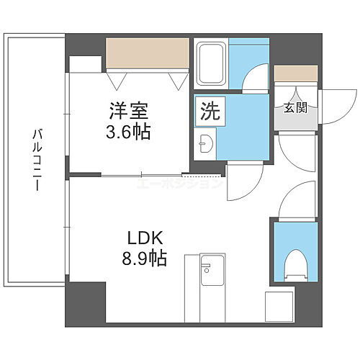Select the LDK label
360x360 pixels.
148,238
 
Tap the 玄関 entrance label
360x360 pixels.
295,108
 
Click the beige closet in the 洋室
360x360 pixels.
147,52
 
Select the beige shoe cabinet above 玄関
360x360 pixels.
295,73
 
